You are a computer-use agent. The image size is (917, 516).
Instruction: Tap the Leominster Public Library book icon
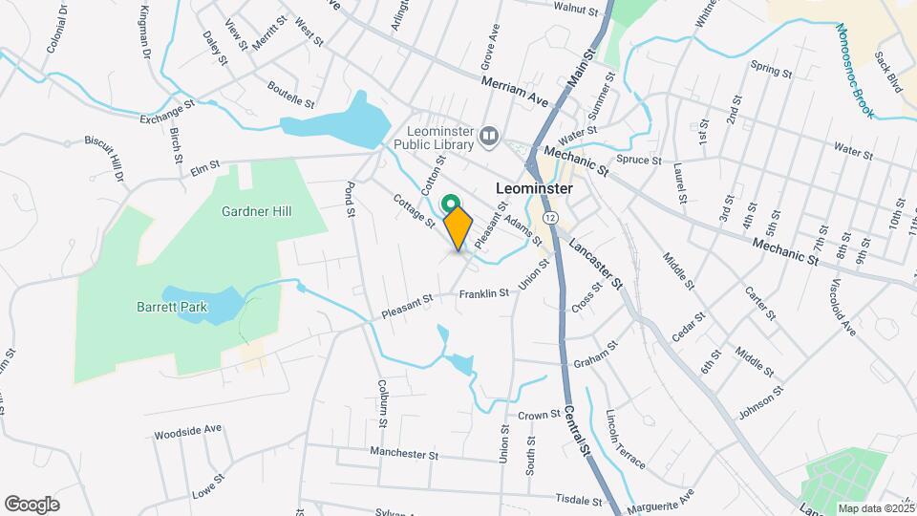tap(489, 138)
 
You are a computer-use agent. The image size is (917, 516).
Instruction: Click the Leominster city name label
tap(535, 188)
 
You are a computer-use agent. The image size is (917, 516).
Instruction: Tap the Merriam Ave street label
tap(516, 91)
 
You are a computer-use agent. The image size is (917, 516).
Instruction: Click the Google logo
tap(32, 504)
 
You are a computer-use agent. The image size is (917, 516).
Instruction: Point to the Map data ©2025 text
tap(877, 508)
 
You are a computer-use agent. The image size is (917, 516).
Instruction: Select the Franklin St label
tap(484, 294)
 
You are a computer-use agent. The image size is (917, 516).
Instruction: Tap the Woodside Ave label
tap(187, 431)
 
